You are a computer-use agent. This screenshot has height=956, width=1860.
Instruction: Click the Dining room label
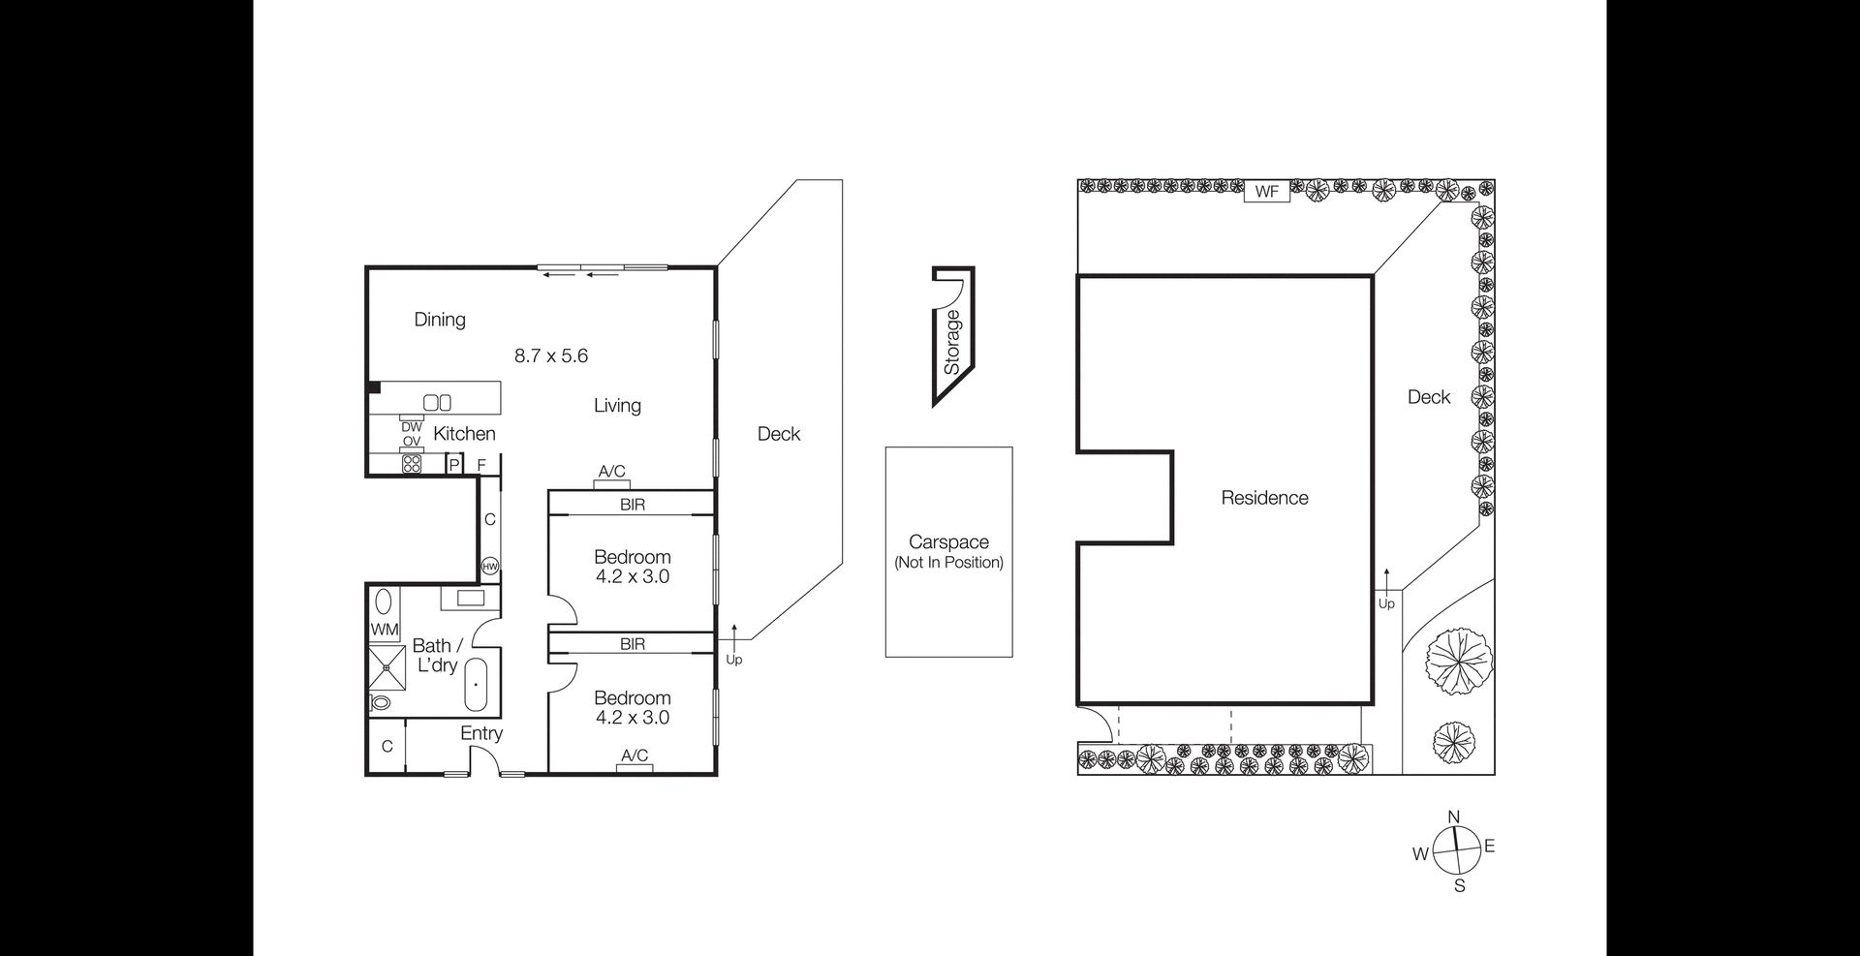point(440,320)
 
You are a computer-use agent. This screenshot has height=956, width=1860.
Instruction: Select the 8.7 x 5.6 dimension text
point(551,355)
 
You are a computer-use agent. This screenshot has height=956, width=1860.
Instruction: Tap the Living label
point(617,406)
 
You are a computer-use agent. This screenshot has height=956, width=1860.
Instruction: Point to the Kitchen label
point(464,434)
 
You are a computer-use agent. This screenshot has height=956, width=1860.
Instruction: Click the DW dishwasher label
point(412,426)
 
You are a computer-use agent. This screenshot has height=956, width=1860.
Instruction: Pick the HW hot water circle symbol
point(490,567)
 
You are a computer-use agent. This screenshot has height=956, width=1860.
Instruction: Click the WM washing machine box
point(385,630)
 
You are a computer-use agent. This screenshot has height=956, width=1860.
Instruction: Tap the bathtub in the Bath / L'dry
point(477,685)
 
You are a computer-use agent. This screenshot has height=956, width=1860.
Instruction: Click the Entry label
point(481,733)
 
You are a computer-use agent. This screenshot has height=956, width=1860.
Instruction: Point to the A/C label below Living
point(611,472)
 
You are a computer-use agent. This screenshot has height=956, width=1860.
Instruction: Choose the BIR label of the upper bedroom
point(633,505)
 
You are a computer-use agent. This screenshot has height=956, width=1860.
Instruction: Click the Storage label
point(952,342)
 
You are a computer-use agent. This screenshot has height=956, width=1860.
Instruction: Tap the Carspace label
point(948,542)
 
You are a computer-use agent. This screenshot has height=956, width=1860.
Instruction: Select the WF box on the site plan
point(1267,192)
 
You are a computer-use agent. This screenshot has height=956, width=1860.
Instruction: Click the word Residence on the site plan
point(1264,498)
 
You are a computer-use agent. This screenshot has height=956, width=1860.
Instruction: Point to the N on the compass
point(1453,817)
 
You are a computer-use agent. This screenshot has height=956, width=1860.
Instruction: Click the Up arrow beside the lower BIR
point(734,638)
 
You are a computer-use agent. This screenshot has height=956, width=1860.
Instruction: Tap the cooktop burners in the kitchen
point(412,463)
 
